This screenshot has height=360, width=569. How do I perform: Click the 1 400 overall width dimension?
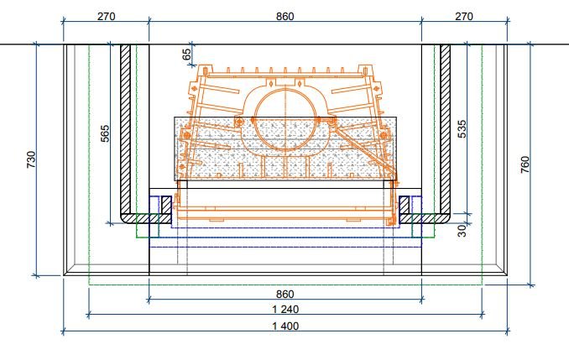click(x=285, y=326)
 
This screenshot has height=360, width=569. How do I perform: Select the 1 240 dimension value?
click(x=285, y=309)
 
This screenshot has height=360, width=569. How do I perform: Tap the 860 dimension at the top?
click(x=284, y=16)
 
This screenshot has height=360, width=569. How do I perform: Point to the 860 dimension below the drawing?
click(x=284, y=294)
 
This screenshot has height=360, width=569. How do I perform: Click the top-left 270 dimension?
click(x=107, y=16)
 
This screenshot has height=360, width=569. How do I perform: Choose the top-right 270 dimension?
click(x=464, y=16)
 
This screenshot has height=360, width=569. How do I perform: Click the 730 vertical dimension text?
click(x=32, y=159)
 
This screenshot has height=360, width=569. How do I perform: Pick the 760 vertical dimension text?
click(x=525, y=164)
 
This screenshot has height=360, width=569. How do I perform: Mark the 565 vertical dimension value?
click(x=105, y=133)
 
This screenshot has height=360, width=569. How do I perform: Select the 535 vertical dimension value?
click(x=462, y=129)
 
